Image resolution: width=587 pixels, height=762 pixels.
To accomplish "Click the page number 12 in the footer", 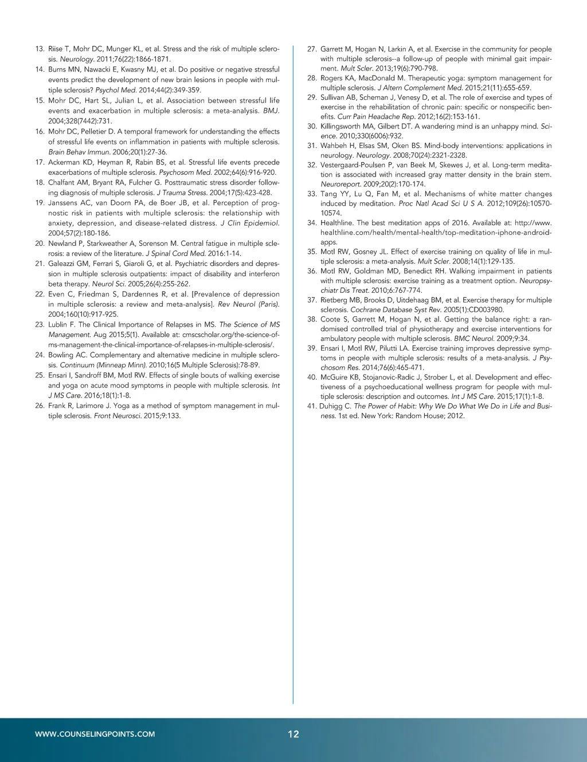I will tap(293, 734).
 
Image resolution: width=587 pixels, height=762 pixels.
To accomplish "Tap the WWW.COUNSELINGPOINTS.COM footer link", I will tap(95, 734).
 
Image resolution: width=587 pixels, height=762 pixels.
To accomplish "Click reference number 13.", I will tap(40, 49).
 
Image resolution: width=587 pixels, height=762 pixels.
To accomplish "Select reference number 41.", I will tap(311, 406).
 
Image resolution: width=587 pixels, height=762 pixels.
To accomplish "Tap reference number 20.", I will tap(40, 243).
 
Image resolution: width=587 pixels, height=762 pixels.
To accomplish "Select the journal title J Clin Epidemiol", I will tap(250, 223).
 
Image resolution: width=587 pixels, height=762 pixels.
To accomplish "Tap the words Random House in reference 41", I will tap(418, 416).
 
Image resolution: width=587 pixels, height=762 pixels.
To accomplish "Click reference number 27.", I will tap(312, 49).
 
